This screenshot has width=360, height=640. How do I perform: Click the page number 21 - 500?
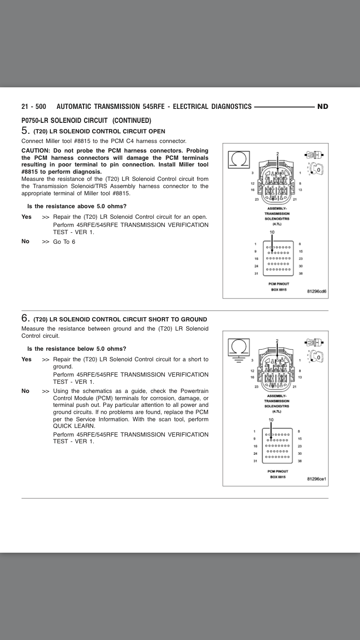point(34,107)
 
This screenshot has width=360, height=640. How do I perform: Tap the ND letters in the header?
point(323,107)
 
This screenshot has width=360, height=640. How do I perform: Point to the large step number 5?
point(25,130)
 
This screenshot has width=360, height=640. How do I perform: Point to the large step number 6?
point(25,318)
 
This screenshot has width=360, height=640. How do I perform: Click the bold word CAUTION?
point(36,150)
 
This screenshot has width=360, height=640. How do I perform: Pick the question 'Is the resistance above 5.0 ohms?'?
point(77,206)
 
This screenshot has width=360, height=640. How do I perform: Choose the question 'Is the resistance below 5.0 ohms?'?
point(77,349)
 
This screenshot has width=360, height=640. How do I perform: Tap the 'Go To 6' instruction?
point(64,242)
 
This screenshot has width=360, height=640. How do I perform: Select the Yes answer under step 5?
point(26,217)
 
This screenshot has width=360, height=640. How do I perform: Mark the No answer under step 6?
point(26,391)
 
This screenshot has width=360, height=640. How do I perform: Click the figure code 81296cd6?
point(317,291)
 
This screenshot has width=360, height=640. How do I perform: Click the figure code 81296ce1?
point(317,479)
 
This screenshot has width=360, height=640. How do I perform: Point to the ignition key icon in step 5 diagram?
point(317,169)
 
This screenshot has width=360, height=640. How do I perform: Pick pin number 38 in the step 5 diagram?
point(300,274)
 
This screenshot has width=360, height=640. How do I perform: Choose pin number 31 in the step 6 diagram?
point(256,462)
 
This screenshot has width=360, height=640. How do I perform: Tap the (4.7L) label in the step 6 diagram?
point(276,411)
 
